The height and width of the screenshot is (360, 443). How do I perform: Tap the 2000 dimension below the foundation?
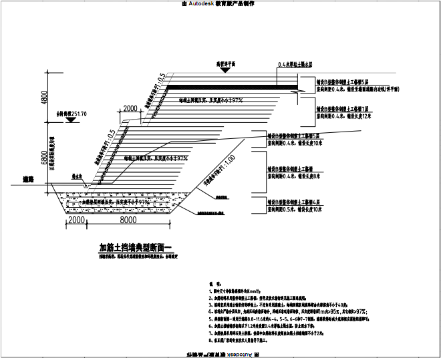(x=77, y=220)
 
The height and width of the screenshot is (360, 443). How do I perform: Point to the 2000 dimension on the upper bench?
(x=130, y=108)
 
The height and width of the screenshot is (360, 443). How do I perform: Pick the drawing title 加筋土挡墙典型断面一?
(x=136, y=246)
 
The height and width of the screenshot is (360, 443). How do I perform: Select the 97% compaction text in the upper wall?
(x=210, y=100)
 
